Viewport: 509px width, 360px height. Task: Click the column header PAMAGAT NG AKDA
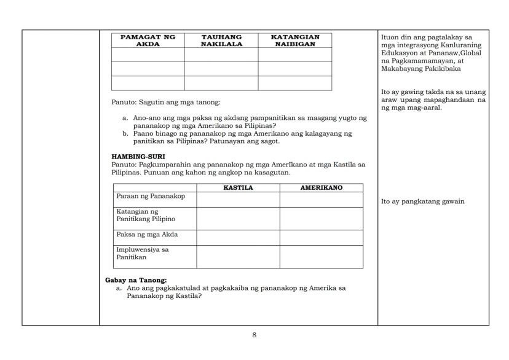[x=148, y=41]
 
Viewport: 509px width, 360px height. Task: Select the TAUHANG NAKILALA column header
[x=221, y=41]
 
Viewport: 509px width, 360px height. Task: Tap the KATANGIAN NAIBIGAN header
[x=295, y=41]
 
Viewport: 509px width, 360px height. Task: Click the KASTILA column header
[x=238, y=188]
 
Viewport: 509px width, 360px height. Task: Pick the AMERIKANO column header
[x=321, y=188]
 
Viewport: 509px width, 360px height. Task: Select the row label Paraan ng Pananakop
[x=144, y=197]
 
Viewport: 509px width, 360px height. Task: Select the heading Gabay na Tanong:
[x=132, y=280]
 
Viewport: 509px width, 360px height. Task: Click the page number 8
[x=254, y=335]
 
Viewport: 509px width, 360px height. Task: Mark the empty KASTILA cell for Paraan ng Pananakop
[x=238, y=200]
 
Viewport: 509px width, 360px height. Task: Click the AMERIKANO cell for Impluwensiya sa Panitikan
[x=321, y=257]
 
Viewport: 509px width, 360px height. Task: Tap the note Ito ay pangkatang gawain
[x=423, y=202]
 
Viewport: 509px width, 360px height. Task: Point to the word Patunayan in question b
[x=242, y=141]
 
